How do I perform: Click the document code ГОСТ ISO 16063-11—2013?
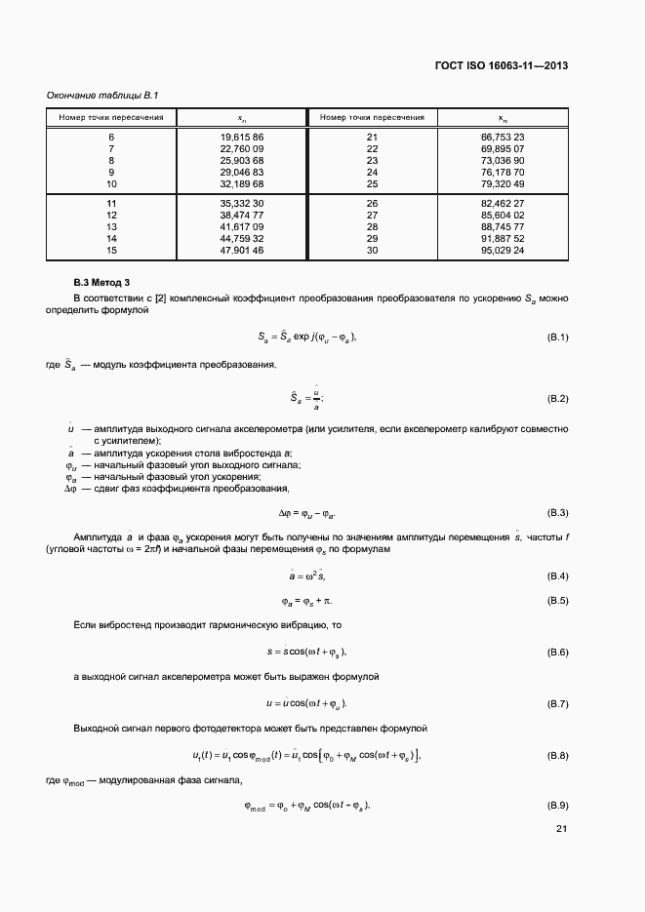pyautogui.click(x=501, y=66)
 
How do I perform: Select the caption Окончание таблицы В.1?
pyautogui.click(x=102, y=95)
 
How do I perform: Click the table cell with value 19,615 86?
pyautogui.click(x=242, y=138)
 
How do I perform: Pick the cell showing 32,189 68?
pyautogui.click(x=242, y=183)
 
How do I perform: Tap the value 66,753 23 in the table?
pyautogui.click(x=503, y=138)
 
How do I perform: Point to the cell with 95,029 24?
pyautogui.click(x=503, y=250)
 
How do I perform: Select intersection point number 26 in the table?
pyautogui.click(x=372, y=203)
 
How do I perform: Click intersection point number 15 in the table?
pyautogui.click(x=111, y=250)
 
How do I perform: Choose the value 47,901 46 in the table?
pyautogui.click(x=242, y=250)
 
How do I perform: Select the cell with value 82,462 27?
pyautogui.click(x=503, y=203)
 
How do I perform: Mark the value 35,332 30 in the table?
pyautogui.click(x=242, y=203)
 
